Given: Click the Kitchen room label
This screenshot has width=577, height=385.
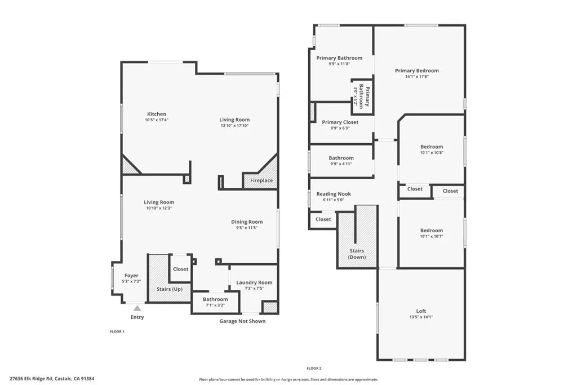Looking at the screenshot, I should tap(157, 114).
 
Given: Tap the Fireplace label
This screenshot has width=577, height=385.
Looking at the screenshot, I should tap(261, 181).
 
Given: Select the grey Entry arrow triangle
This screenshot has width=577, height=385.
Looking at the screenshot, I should tap(137, 308).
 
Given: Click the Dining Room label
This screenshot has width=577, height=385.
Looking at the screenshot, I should tap(246, 222).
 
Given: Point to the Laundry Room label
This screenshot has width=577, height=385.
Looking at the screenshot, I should tap(254, 282).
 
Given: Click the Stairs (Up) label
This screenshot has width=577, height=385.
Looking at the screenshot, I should tap(169, 289).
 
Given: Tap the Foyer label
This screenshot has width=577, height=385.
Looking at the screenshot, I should tap(131, 276).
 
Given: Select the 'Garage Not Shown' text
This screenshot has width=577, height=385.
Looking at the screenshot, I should tap(242, 321).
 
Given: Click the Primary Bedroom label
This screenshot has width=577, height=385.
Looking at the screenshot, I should tap(416, 71).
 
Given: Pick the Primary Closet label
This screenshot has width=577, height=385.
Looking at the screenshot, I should tap(340, 122).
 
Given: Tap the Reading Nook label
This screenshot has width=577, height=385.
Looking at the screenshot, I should tap(334, 194).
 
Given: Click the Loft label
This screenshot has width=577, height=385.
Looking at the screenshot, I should tap(421, 311).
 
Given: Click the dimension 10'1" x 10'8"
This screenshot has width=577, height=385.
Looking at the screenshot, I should tap(432, 153).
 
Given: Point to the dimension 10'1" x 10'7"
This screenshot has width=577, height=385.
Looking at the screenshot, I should tap(432, 236).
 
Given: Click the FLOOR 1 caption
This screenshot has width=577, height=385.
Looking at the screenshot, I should tap(117, 332).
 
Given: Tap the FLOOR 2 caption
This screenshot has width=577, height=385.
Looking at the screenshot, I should tap(314, 368).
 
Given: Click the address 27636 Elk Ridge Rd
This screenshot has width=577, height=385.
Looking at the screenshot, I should tap(52, 379).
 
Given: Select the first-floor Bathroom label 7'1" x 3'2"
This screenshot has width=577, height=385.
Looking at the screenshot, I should tap(215, 299).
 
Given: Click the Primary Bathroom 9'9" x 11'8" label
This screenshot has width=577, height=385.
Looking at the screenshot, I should tap(339, 58).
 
